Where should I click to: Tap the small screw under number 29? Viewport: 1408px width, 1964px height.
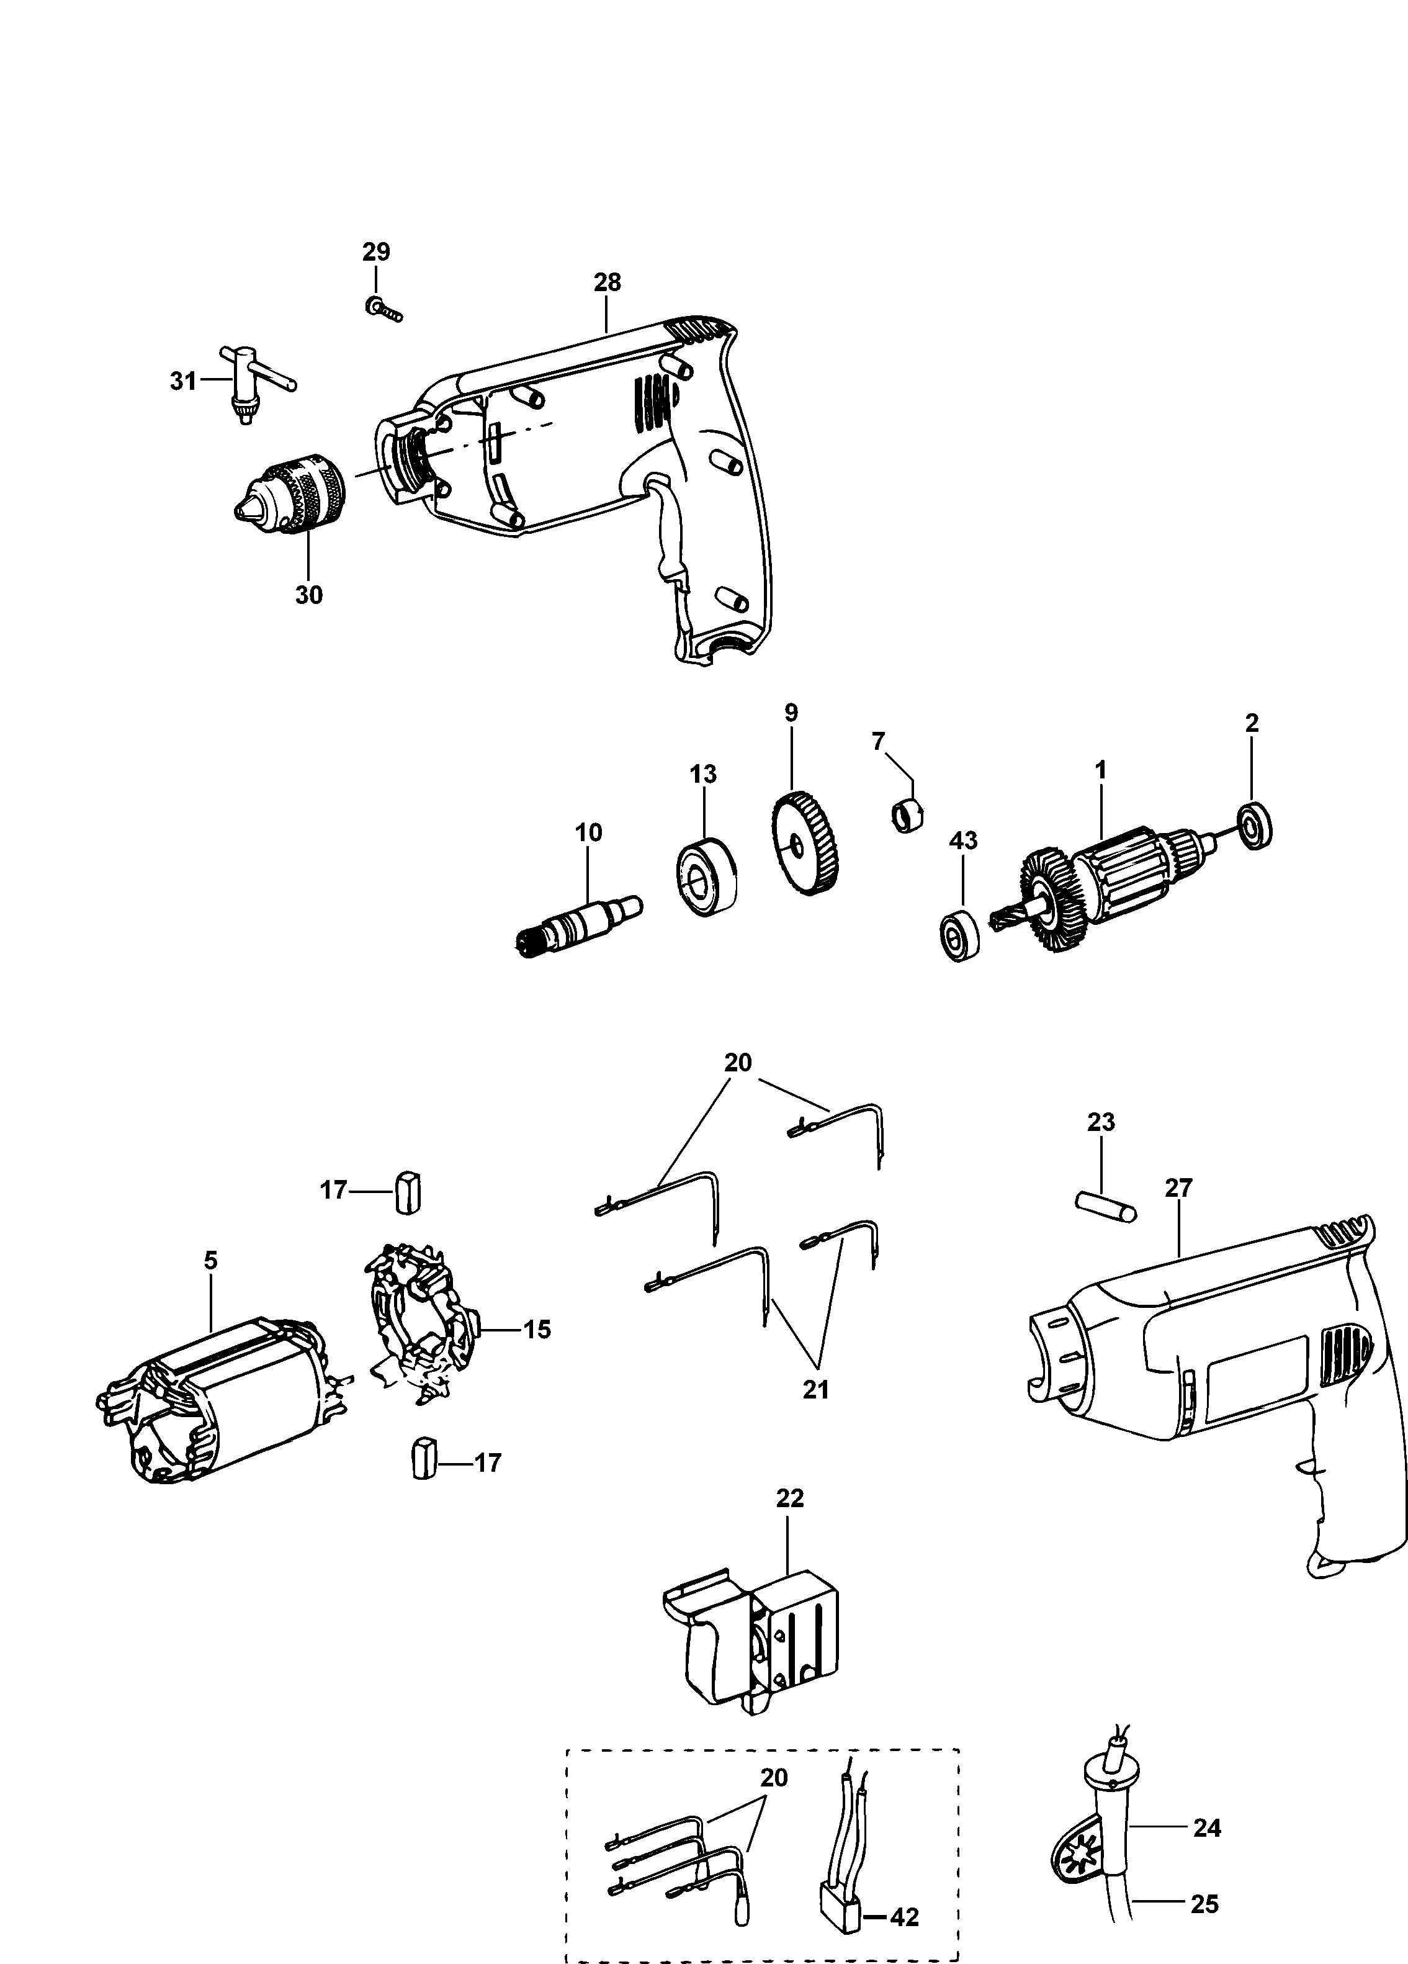(383, 309)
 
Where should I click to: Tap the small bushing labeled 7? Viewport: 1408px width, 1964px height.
(907, 817)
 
